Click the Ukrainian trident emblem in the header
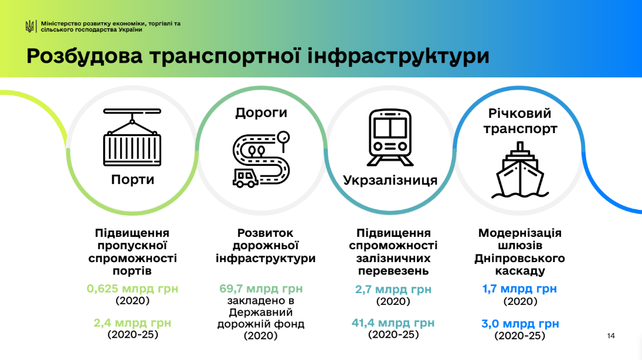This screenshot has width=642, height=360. pyautogui.click(x=29, y=26)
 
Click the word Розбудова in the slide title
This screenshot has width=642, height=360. pyautogui.click(x=85, y=56)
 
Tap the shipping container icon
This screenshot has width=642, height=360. pyautogui.click(x=133, y=137)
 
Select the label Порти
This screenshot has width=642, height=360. pyautogui.click(x=133, y=180)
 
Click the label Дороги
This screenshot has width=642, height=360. pyautogui.click(x=261, y=113)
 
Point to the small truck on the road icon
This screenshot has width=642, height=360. pyautogui.click(x=245, y=177)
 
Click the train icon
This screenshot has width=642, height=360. pyautogui.click(x=390, y=137)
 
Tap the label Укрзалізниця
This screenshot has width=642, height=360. pyautogui.click(x=390, y=180)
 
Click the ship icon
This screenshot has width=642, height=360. pyautogui.click(x=520, y=170)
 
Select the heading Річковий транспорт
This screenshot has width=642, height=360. pyautogui.click(x=520, y=121)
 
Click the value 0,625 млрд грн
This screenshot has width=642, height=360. pyautogui.click(x=133, y=288)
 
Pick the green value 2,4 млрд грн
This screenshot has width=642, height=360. pyautogui.click(x=133, y=322)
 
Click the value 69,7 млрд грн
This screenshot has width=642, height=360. pyautogui.click(x=261, y=288)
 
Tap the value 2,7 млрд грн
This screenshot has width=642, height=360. pyautogui.click(x=393, y=290)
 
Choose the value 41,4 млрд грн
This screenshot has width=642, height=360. pyautogui.click(x=393, y=322)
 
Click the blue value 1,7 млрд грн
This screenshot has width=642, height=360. pyautogui.click(x=519, y=288)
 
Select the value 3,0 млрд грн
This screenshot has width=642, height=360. pyautogui.click(x=520, y=324)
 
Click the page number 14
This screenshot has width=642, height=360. pyautogui.click(x=611, y=336)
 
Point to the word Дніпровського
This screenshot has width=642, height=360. pyautogui.click(x=519, y=259)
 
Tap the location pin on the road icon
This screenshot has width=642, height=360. pyautogui.click(x=283, y=140)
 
